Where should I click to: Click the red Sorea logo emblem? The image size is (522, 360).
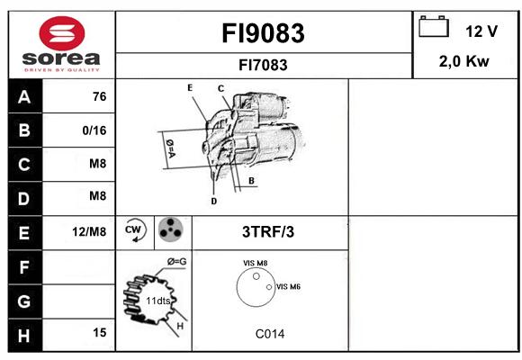click(62, 33)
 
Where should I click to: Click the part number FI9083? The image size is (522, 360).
click(263, 33)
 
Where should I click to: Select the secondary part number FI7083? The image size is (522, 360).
click(263, 65)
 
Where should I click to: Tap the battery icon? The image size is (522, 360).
click(434, 27)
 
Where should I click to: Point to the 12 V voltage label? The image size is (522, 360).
click(481, 31)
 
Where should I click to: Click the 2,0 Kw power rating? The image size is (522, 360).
click(464, 61)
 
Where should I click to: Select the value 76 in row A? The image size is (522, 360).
click(100, 96)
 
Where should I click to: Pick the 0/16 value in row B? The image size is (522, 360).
click(94, 130)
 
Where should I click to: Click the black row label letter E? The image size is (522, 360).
click(24, 233)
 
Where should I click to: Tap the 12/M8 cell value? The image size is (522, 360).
click(89, 232)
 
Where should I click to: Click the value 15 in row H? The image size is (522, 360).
click(100, 332)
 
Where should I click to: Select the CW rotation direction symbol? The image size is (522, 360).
click(136, 229)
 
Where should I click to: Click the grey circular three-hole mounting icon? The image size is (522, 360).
click(171, 229)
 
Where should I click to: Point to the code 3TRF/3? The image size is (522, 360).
click(268, 232)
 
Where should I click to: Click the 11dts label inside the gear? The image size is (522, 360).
click(158, 301)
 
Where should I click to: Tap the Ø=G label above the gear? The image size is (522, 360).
click(176, 262)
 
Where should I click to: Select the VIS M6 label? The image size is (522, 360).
click(288, 287)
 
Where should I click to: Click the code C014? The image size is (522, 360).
click(270, 334)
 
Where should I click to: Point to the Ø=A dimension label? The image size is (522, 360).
click(170, 148)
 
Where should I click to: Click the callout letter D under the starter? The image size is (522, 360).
click(214, 201)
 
